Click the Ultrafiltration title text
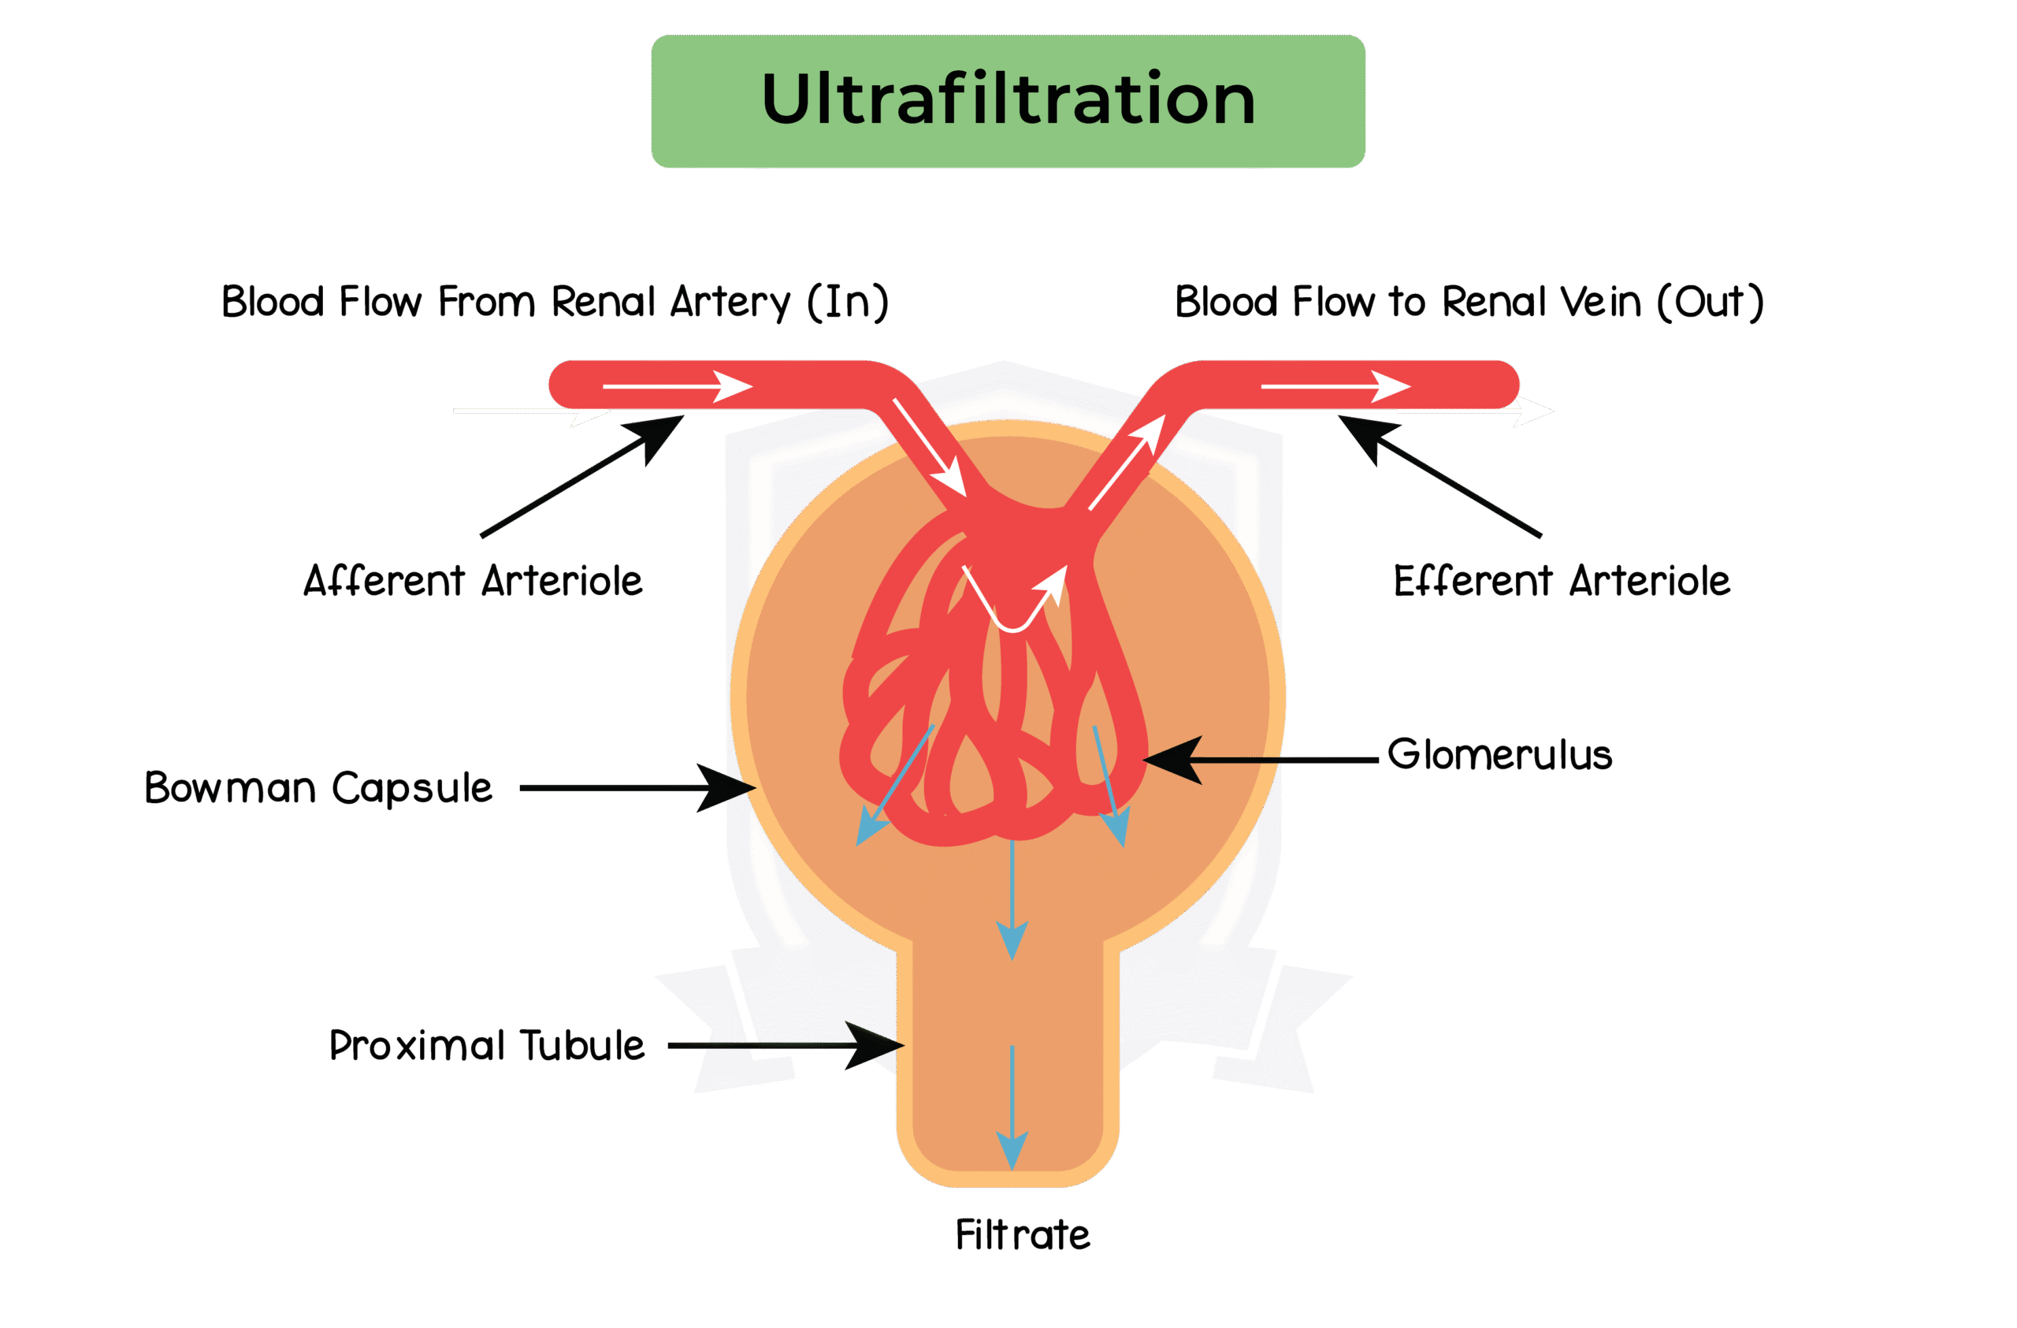[x=1008, y=100]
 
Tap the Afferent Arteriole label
[x=473, y=582]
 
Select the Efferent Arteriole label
[x=1561, y=582]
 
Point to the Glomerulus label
[x=1499, y=754]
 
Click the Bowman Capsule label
[x=318, y=788]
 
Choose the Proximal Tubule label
[x=486, y=1045]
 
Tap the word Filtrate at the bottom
[x=1022, y=1235]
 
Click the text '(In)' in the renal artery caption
[x=848, y=302]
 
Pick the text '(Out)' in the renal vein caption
[x=1711, y=302]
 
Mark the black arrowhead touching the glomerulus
[x=1174, y=759]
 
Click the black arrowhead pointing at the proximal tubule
[x=877, y=1045]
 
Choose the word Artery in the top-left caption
[x=730, y=302]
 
